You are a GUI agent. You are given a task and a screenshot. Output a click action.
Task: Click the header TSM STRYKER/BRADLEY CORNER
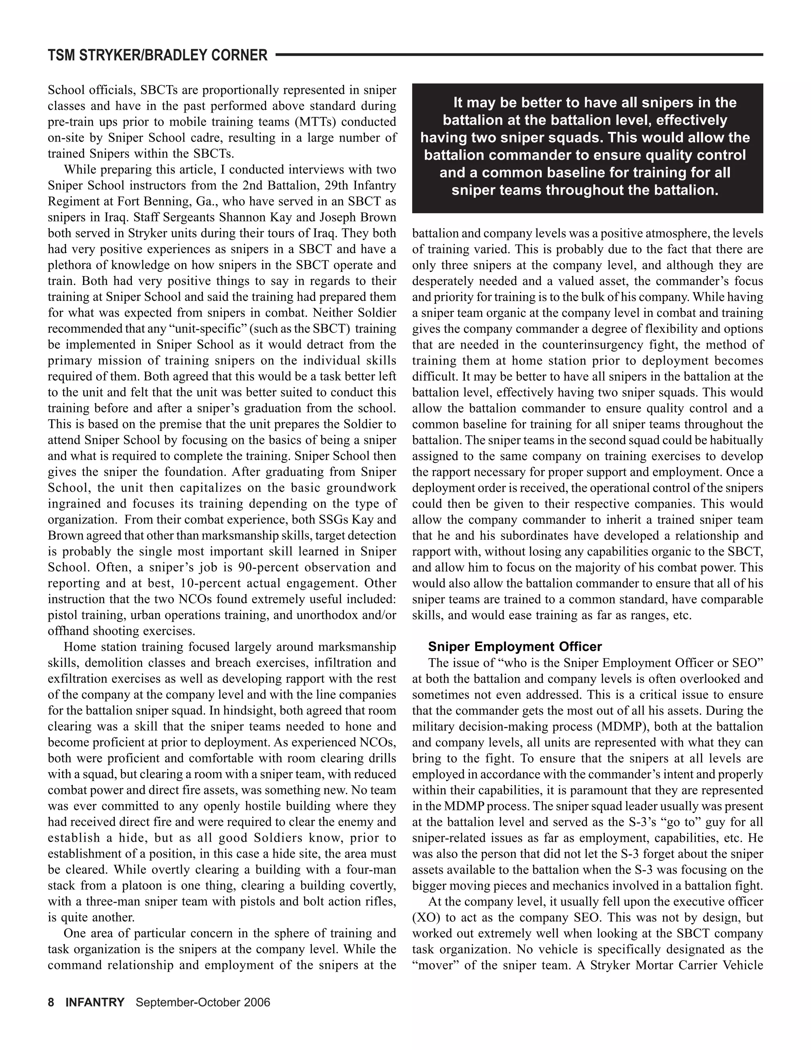click(158, 56)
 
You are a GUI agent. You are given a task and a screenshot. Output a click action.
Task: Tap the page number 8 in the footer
click(51, 1002)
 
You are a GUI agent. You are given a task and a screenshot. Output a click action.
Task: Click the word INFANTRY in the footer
click(95, 1002)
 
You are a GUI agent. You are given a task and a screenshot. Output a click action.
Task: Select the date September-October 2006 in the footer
click(203, 1002)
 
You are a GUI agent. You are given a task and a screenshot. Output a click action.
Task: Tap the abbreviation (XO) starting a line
click(424, 917)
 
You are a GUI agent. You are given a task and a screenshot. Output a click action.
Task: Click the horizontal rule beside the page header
click(519, 55)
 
